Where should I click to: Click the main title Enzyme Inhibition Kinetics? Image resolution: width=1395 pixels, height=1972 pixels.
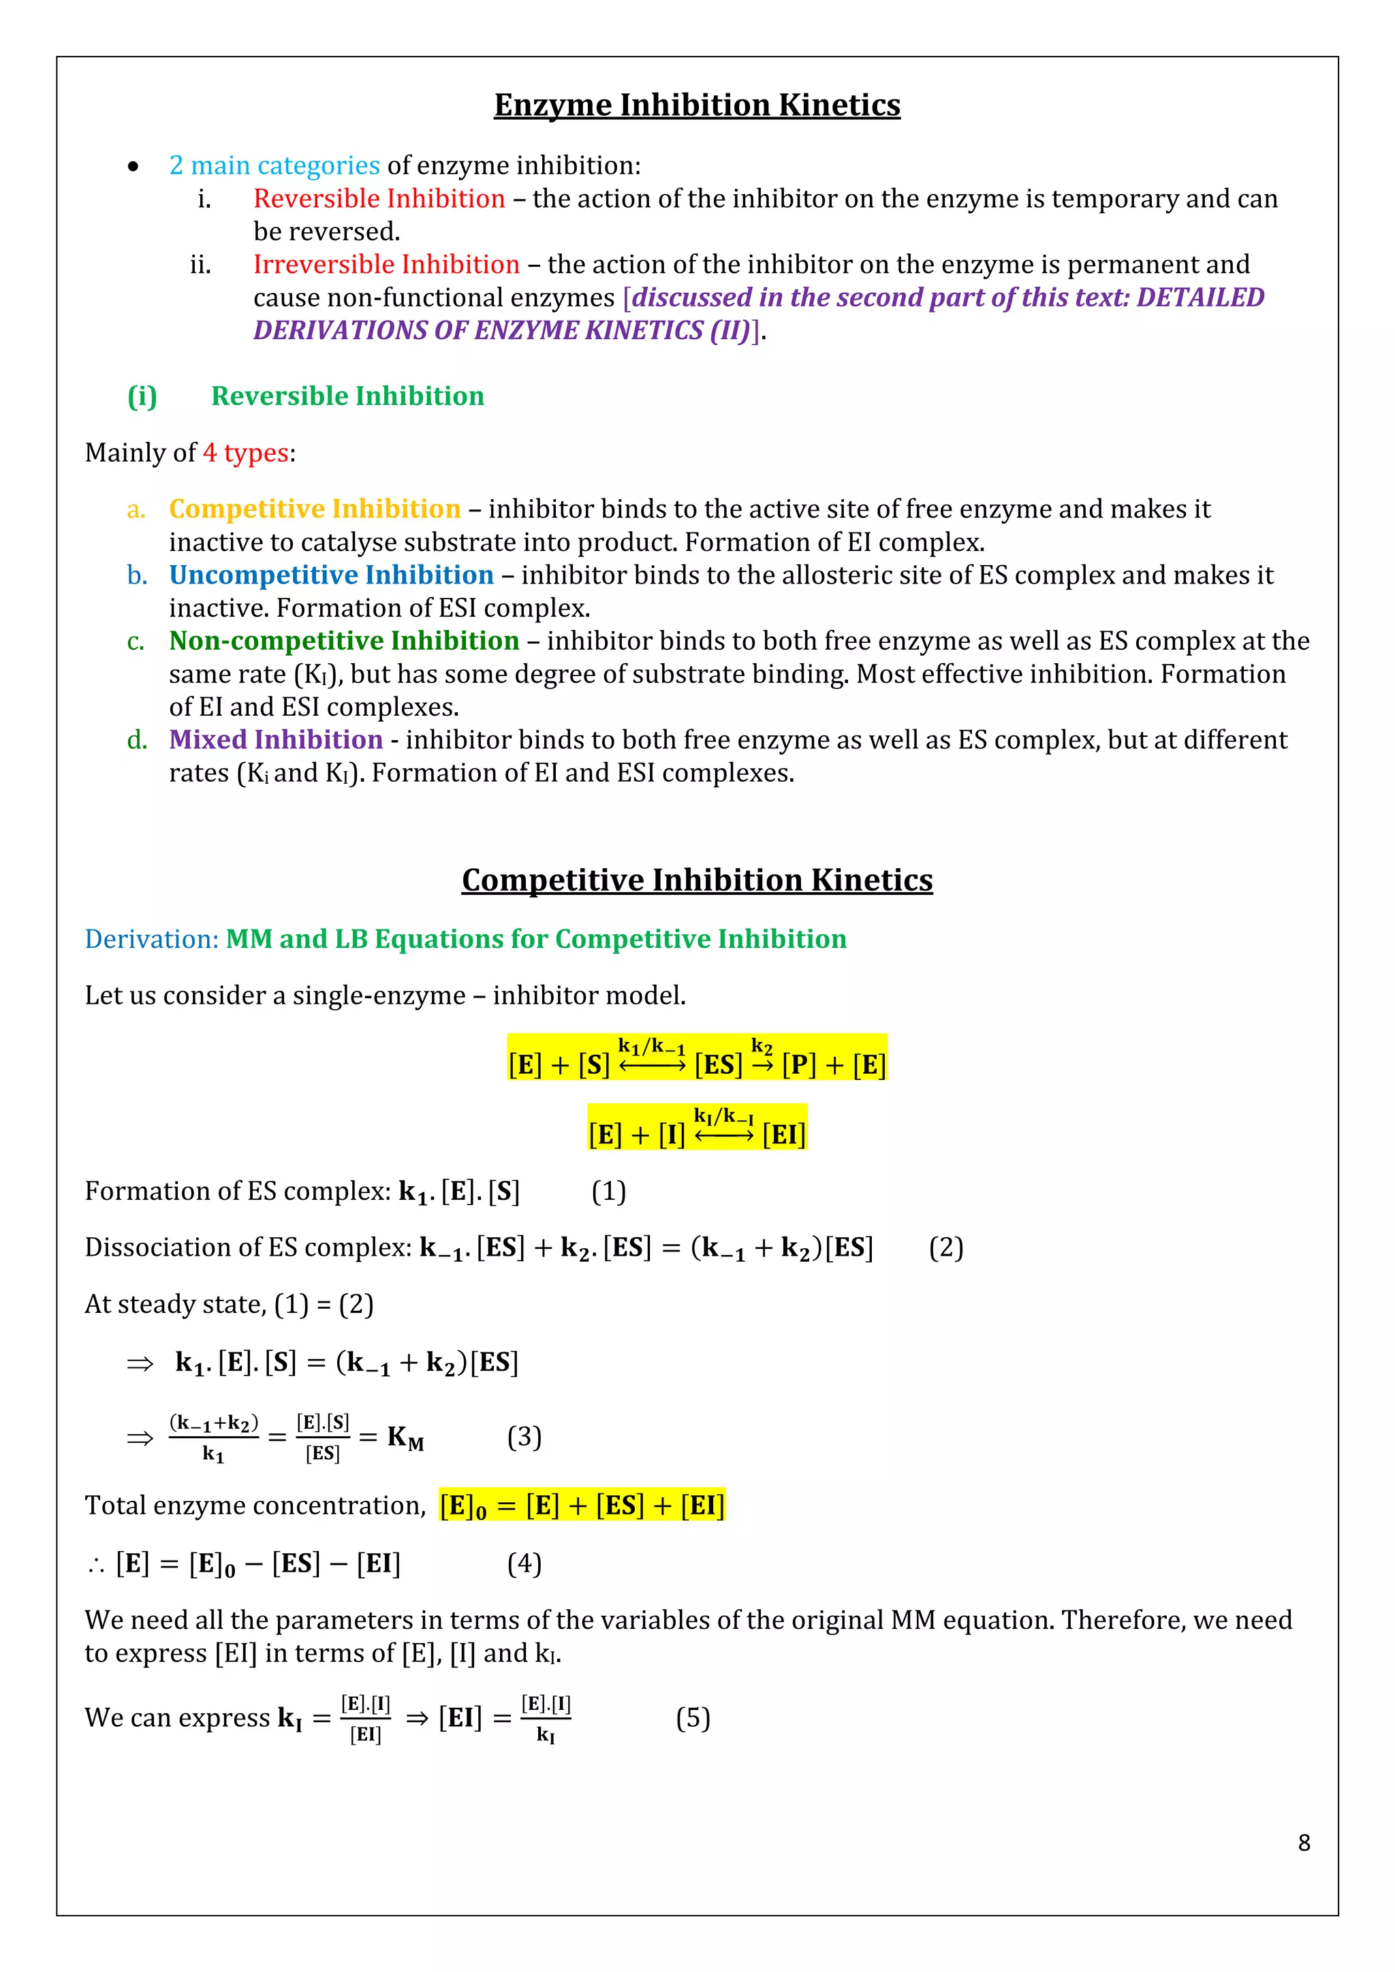697,105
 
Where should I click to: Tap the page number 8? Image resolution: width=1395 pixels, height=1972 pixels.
1303,1843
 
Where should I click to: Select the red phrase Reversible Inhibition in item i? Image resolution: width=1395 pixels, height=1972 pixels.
379,198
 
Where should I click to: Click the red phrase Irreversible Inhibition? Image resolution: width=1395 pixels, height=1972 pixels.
386,264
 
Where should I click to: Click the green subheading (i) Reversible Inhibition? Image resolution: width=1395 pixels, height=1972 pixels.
306,396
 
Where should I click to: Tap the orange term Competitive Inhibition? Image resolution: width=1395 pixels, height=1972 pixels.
315,509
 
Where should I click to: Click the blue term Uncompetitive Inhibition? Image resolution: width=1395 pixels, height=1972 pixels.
331,575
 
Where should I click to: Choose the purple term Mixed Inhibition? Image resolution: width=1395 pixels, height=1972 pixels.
275,739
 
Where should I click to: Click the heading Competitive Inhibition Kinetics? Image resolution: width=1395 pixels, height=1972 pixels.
697,880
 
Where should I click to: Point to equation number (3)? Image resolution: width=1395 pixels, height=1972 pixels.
524,1437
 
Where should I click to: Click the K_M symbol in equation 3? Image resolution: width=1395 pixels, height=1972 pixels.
405,1437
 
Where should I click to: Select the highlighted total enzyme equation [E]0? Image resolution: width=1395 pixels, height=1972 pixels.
582,1506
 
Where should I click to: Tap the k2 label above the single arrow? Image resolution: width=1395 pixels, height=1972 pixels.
761,1046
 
